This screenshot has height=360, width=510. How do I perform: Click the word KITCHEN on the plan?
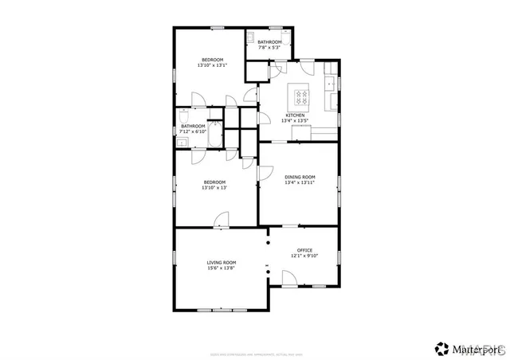coord(296,115)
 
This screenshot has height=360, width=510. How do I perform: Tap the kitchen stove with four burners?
coord(301,97)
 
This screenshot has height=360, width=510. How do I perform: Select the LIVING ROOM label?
coord(222,262)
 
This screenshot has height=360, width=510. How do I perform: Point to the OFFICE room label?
coord(305,250)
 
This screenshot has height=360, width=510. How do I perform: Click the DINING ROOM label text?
coord(300,177)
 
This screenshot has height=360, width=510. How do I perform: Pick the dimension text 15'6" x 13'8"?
coord(222,268)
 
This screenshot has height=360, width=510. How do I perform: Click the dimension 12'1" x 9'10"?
coord(305,256)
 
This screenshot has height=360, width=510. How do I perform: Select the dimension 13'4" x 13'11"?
coord(300,183)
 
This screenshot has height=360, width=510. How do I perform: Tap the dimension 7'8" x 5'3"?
coord(269,48)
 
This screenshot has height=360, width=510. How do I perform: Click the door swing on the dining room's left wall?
coord(267,172)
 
